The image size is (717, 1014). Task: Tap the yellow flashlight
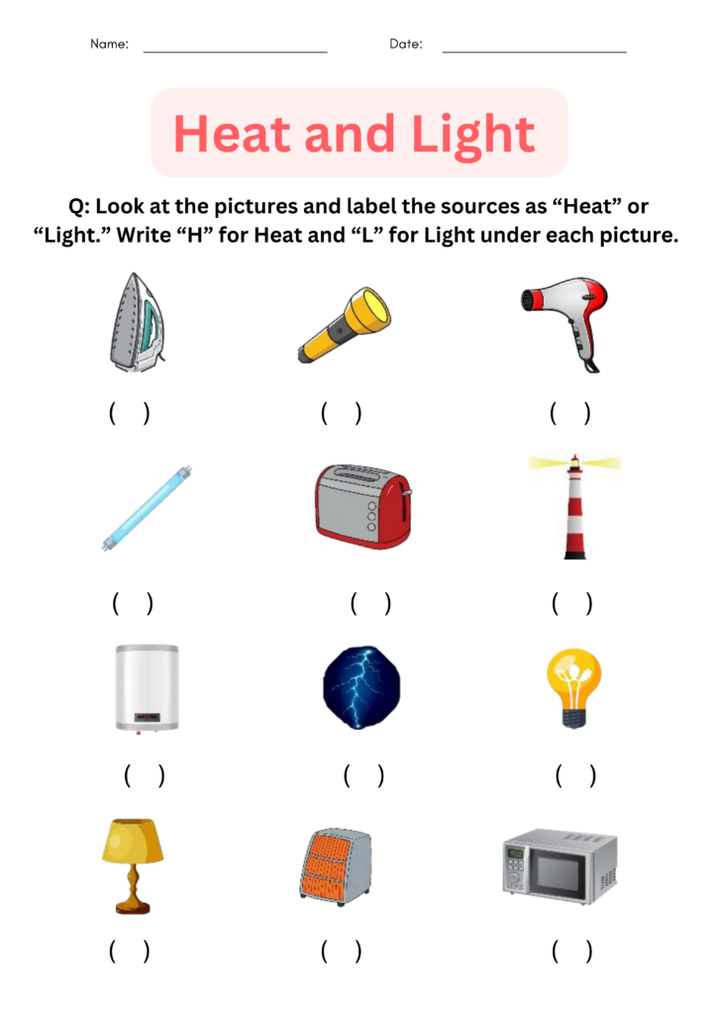(x=344, y=325)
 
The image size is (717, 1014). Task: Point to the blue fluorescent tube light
(x=146, y=508)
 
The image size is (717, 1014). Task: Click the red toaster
(x=362, y=505)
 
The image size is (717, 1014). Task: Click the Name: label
(x=109, y=45)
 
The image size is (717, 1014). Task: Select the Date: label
(x=406, y=45)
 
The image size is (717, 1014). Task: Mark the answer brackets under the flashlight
(x=342, y=413)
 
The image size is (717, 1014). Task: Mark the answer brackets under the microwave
(x=572, y=952)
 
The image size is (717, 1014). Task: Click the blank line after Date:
(x=534, y=49)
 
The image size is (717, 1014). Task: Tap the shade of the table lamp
(x=133, y=841)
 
